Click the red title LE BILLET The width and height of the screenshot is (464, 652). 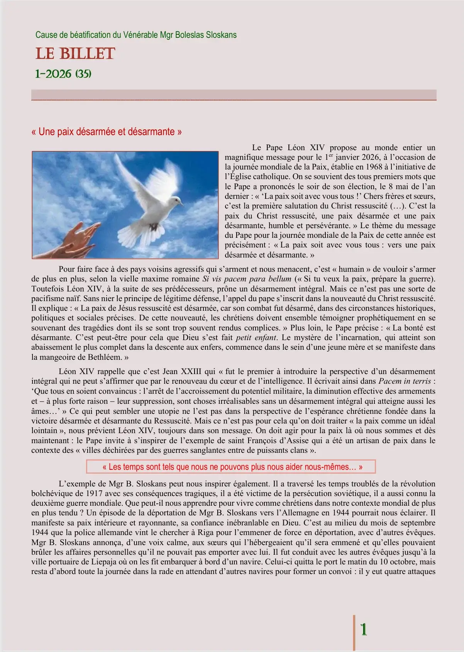[75, 54]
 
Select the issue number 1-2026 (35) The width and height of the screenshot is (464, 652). [63, 74]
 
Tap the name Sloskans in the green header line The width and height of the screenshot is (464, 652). [221, 35]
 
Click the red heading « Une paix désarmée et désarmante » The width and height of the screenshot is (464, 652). [107, 132]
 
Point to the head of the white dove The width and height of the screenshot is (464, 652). [176, 201]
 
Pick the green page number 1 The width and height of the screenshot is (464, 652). [363, 629]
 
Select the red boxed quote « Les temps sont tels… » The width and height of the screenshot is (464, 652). [231, 467]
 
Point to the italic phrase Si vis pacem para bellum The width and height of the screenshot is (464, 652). [247, 279]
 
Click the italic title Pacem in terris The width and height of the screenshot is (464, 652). [405, 381]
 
